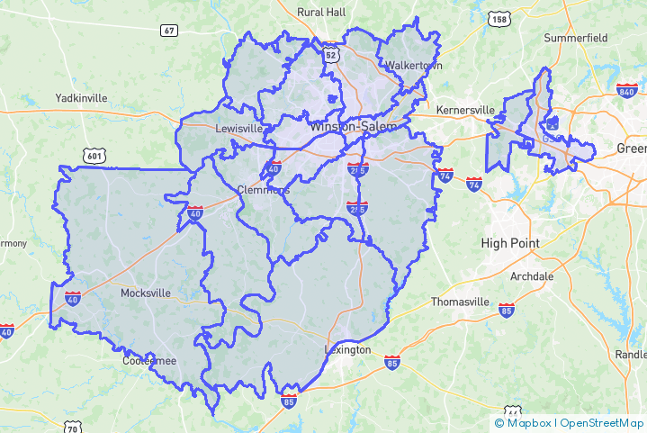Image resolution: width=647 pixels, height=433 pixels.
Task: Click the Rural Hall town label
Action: point(321,12)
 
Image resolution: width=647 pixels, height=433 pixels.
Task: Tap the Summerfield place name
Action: point(576,38)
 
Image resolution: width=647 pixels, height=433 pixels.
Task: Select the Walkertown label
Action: point(409,66)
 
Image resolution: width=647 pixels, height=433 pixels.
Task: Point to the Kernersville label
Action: point(465,110)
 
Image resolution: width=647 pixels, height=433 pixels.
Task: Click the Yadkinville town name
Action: point(81,97)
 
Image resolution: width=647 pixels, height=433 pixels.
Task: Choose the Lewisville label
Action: point(238,129)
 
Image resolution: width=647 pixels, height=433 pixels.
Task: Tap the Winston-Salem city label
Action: point(352,127)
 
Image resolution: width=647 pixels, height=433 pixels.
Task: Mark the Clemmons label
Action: point(264,190)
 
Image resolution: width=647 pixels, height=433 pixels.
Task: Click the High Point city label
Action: point(510,243)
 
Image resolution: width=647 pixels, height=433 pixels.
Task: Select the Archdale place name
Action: point(532,276)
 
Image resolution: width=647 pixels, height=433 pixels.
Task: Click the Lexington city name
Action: point(347,349)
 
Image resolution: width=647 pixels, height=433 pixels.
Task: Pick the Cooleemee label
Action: point(149,361)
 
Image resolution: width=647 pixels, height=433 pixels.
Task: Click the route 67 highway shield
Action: point(169,31)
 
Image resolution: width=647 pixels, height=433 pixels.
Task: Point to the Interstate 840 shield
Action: point(627,90)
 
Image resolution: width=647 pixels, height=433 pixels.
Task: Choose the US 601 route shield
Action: point(93,157)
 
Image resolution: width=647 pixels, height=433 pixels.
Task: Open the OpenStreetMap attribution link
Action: point(602,423)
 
